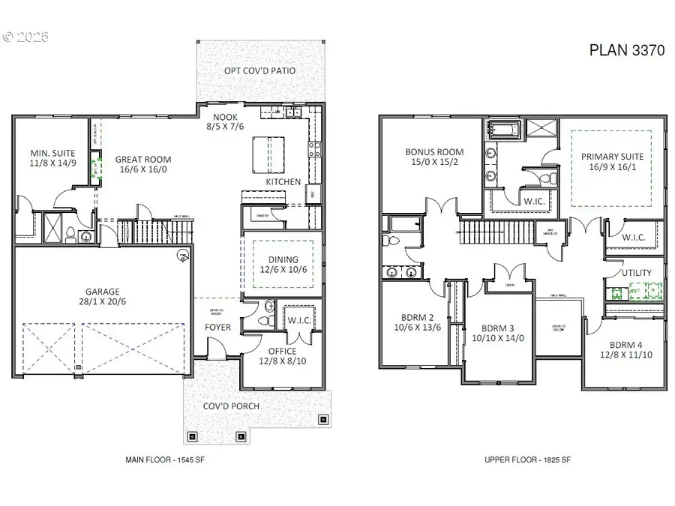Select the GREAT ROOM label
click(x=142, y=159)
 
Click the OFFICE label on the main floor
click(x=282, y=351)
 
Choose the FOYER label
click(x=218, y=327)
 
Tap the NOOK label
click(x=225, y=116)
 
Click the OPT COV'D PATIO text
click(x=259, y=70)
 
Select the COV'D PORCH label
click(x=232, y=406)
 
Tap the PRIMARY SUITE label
click(x=613, y=157)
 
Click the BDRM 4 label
click(x=621, y=345)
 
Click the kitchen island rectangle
click(x=270, y=153)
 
